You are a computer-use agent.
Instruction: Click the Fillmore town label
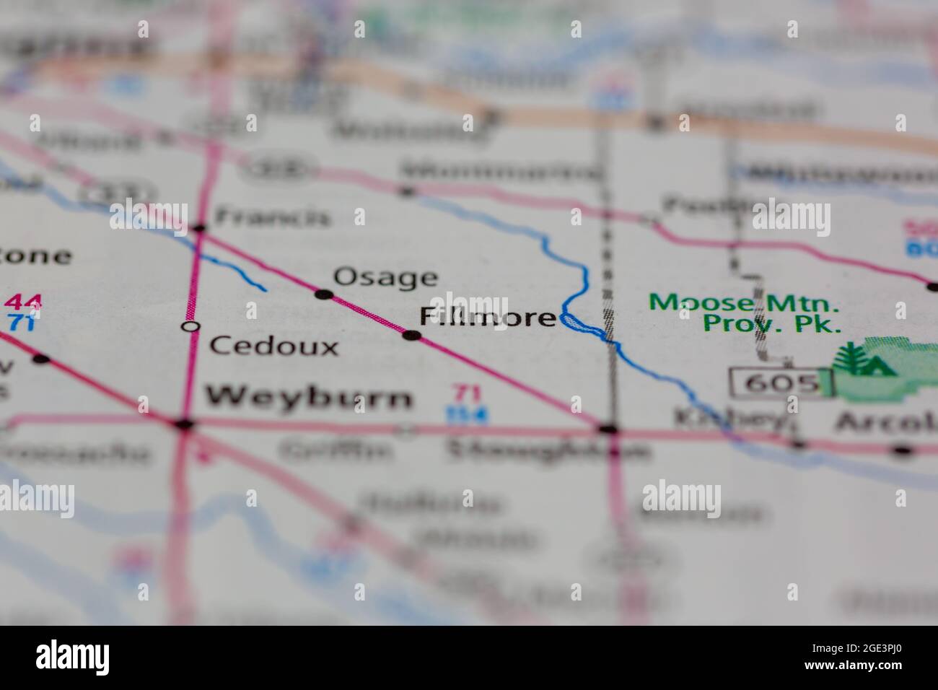coord(488,318)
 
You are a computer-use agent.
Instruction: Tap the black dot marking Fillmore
coord(412,335)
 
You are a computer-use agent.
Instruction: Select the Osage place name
coord(385,277)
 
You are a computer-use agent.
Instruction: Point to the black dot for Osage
coord(324,294)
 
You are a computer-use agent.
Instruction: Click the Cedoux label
coord(274,346)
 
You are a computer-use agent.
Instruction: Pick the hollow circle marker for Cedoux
coord(190,327)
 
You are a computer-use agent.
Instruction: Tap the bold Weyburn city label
coord(310,397)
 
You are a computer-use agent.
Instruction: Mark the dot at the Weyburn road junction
coord(185,424)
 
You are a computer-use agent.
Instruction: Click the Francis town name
coord(273,217)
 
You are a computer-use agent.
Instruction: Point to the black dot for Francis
coord(200,229)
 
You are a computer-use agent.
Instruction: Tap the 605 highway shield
coord(776,382)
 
